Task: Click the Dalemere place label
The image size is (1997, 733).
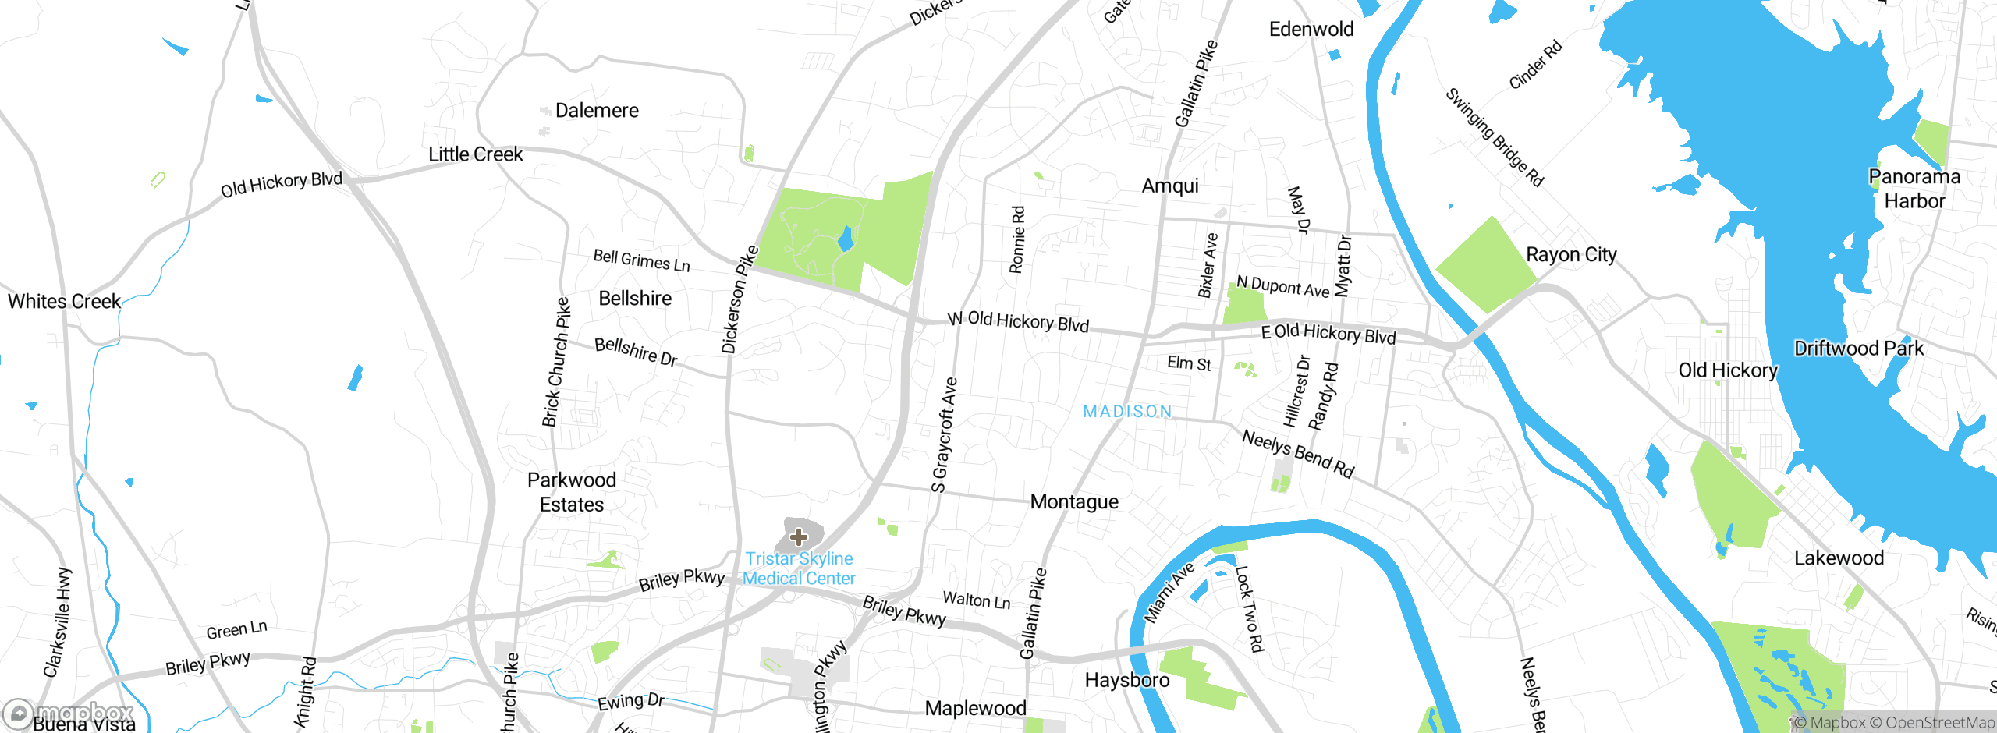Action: pos(597,111)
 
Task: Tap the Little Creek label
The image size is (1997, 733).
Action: pos(475,154)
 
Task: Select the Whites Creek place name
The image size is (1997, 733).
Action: pos(64,301)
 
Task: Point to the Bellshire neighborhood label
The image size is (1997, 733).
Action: pos(635,299)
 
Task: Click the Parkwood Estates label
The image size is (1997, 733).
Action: pos(572,492)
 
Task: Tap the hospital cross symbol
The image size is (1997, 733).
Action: pos(799,536)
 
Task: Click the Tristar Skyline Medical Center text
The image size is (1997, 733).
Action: pos(799,568)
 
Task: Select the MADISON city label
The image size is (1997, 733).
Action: pos(1127,411)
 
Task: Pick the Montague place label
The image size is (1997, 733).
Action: pos(1074,501)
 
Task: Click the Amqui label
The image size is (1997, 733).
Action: pos(1170,186)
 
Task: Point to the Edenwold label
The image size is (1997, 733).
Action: pos(1311,30)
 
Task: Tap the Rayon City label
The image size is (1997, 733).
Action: pos(1571,255)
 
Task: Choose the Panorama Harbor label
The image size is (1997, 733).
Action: pos(1914,189)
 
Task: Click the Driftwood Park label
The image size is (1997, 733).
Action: pos(1859,349)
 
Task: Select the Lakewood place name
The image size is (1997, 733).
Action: pos(1839,558)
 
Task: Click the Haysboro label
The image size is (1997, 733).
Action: pos(1127,680)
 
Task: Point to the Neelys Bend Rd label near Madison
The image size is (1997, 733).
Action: pos(1298,454)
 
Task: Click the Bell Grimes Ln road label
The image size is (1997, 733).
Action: pos(641,260)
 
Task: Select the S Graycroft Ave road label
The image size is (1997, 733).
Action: pos(944,434)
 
